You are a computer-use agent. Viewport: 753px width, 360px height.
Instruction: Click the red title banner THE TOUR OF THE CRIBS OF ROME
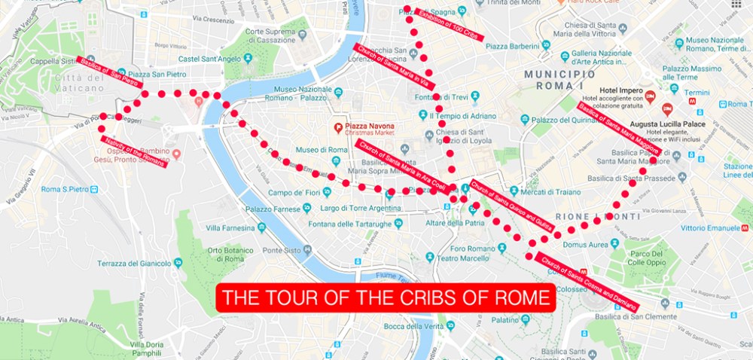pos(386,298)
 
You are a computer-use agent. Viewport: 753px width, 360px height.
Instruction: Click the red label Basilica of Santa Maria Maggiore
pos(620,130)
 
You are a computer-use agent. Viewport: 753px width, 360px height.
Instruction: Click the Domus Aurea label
pos(585,245)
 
